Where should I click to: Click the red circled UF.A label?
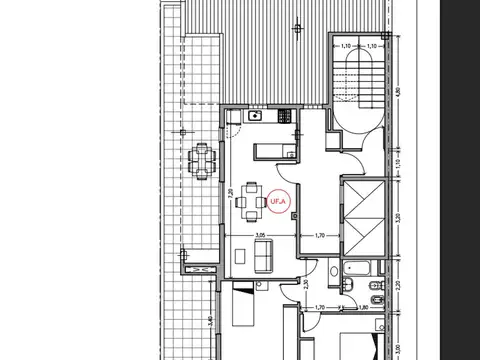(x=278, y=201)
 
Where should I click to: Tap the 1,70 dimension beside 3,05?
(x=320, y=236)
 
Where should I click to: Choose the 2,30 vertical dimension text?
(x=305, y=286)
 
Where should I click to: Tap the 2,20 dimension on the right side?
(x=397, y=284)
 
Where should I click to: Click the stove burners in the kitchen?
(x=284, y=116)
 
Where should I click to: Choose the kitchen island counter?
(x=272, y=151)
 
